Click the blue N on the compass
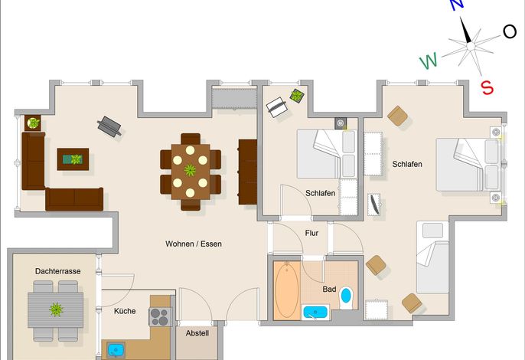(457, 5)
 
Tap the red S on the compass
(487, 88)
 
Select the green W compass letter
(429, 61)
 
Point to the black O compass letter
(510, 31)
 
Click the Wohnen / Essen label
(194, 244)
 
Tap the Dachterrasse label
(58, 271)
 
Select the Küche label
(125, 311)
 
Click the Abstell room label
(197, 333)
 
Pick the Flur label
(311, 233)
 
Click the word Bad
(329, 289)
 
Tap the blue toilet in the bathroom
(346, 298)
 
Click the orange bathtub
(287, 290)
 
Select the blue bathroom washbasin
(315, 312)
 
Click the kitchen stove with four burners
(160, 317)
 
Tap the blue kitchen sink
(116, 350)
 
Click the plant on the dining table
(190, 170)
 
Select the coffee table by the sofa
(73, 159)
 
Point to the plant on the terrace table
(56, 309)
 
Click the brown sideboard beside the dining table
(248, 172)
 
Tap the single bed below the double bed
(432, 257)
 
